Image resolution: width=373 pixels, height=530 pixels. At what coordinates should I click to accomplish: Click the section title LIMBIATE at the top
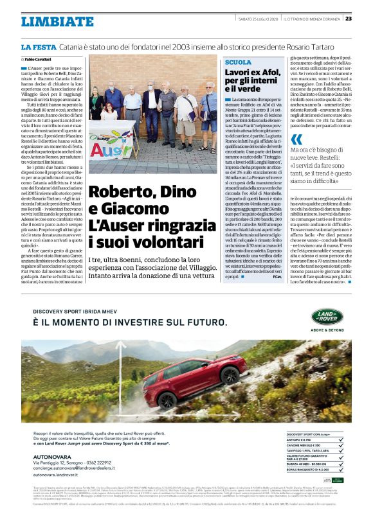pyautogui.click(x=57, y=21)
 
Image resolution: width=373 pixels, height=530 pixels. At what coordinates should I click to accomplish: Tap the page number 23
pyautogui.click(x=365, y=18)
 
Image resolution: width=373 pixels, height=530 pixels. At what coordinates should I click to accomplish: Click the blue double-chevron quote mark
pyautogui.click(x=296, y=139)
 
